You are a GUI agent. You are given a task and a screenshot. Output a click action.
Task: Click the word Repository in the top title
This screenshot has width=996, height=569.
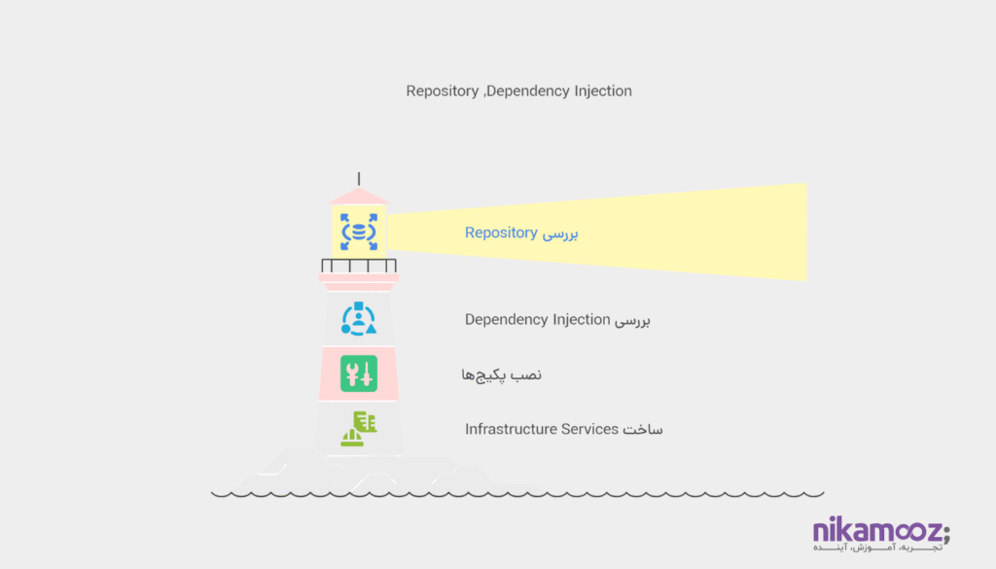(442, 91)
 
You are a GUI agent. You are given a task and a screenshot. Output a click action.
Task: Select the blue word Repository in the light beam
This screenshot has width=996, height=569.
(501, 233)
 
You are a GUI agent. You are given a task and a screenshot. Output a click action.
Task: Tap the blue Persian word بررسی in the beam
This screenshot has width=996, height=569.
(560, 233)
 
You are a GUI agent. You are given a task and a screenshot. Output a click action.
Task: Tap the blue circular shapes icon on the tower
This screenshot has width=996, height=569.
(358, 320)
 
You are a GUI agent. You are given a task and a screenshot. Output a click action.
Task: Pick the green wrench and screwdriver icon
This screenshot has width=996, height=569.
(358, 373)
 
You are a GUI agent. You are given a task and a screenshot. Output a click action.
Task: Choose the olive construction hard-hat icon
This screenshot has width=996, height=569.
(358, 429)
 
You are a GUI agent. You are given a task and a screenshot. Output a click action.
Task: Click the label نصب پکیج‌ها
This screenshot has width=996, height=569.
(502, 374)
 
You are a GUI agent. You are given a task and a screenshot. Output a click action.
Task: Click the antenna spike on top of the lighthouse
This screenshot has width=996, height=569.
(359, 178)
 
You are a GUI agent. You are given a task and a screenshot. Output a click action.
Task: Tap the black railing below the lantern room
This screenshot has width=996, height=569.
(358, 266)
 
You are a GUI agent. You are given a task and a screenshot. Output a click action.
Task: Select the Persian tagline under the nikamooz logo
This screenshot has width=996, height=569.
(876, 550)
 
